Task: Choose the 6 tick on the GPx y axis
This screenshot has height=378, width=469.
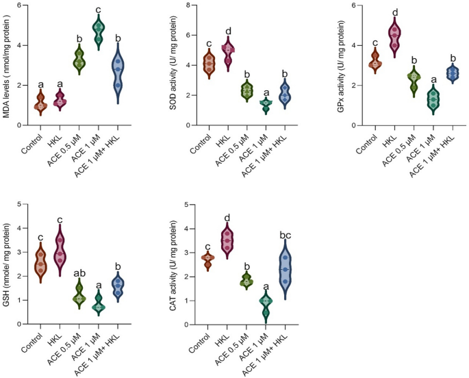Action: tap(351, 6)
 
